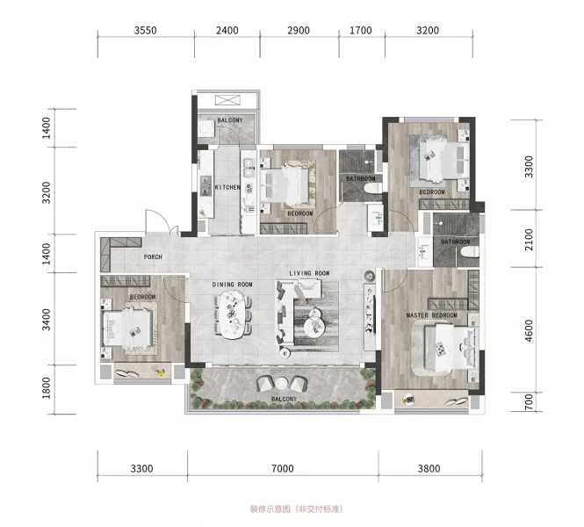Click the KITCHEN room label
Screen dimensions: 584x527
[x=227, y=187]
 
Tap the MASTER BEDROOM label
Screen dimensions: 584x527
[x=432, y=315]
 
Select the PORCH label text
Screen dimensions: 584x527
[x=153, y=257]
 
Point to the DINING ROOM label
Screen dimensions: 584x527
[x=233, y=285]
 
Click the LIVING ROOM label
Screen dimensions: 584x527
[x=309, y=273]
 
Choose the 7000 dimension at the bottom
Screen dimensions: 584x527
[x=283, y=468]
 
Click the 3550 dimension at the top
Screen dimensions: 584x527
[x=146, y=31]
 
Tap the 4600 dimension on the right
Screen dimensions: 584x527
[x=529, y=331]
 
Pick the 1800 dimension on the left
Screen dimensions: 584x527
[x=47, y=388]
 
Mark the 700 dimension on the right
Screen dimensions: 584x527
[x=529, y=402]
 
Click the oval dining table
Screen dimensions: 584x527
[x=233, y=314]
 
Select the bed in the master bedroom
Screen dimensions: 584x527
[x=451, y=348]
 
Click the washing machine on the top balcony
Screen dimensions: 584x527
[x=205, y=129]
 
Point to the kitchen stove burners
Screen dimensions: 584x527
[x=205, y=185]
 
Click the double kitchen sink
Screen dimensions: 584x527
[x=248, y=168]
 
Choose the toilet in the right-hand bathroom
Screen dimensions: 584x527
[x=469, y=252]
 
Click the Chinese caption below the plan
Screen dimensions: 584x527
[x=296, y=509]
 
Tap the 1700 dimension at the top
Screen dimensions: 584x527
[x=361, y=31]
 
